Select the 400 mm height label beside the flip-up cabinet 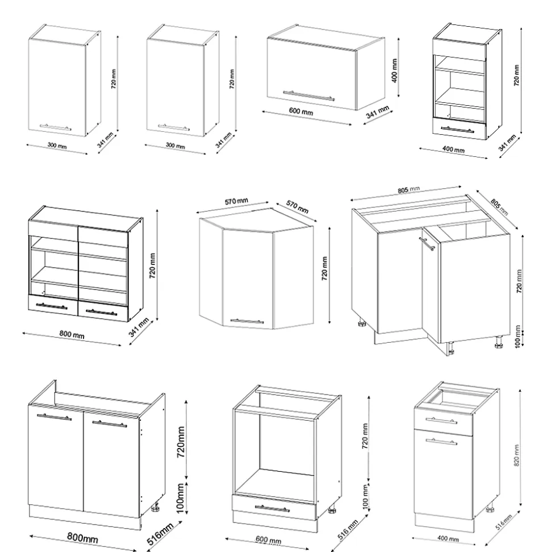395,70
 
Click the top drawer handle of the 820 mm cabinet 442,421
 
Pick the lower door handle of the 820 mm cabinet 441,441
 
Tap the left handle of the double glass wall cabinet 52,307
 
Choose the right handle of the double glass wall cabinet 101,312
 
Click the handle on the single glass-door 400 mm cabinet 457,130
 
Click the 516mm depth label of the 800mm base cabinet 161,536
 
